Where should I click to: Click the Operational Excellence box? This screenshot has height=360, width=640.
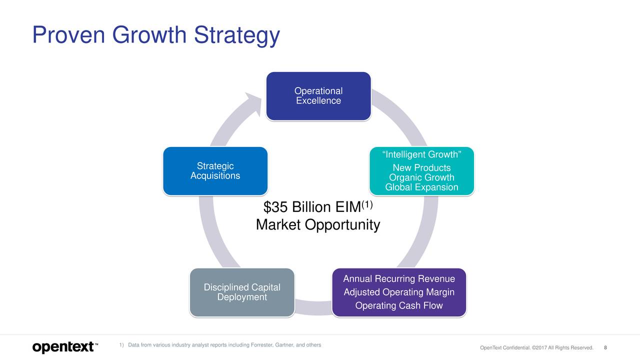[x=318, y=96]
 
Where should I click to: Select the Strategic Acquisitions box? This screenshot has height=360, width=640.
[x=215, y=171]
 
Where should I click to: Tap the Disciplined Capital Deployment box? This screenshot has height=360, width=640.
[x=242, y=292]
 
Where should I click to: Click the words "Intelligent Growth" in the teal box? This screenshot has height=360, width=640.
[x=421, y=154]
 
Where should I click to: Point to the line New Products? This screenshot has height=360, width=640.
[x=421, y=167]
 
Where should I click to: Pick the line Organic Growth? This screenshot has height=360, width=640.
[x=421, y=177]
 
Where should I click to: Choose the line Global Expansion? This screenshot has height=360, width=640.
[x=421, y=187]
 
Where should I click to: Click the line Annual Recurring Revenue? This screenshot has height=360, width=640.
[x=399, y=278]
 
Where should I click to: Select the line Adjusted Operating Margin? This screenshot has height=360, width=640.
[x=399, y=292]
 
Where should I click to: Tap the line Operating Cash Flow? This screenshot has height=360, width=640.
[x=399, y=305]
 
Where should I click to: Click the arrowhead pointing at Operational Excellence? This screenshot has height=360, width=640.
[x=253, y=103]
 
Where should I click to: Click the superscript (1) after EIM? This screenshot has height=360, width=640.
[x=367, y=204]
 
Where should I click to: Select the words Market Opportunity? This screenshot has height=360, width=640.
[x=318, y=225]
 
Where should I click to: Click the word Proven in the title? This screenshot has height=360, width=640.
[x=69, y=35]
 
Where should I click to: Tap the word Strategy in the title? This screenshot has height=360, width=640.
[x=237, y=35]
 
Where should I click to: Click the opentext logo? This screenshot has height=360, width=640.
[x=65, y=347]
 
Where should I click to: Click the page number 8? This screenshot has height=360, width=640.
[x=605, y=347]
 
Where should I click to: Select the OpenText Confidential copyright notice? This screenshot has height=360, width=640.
[x=536, y=347]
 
